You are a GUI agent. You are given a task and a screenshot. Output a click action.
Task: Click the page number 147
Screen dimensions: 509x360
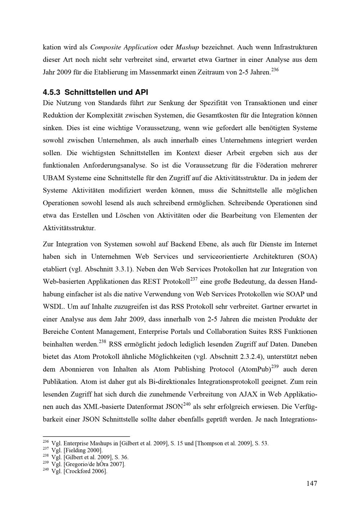click(312, 483)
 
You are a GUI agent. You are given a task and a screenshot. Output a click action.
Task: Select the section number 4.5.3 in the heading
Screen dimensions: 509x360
click(51, 92)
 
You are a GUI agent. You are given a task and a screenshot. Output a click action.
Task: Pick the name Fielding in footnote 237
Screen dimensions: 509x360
click(75, 450)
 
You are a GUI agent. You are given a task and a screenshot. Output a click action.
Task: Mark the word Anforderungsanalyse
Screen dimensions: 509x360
click(114, 165)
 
